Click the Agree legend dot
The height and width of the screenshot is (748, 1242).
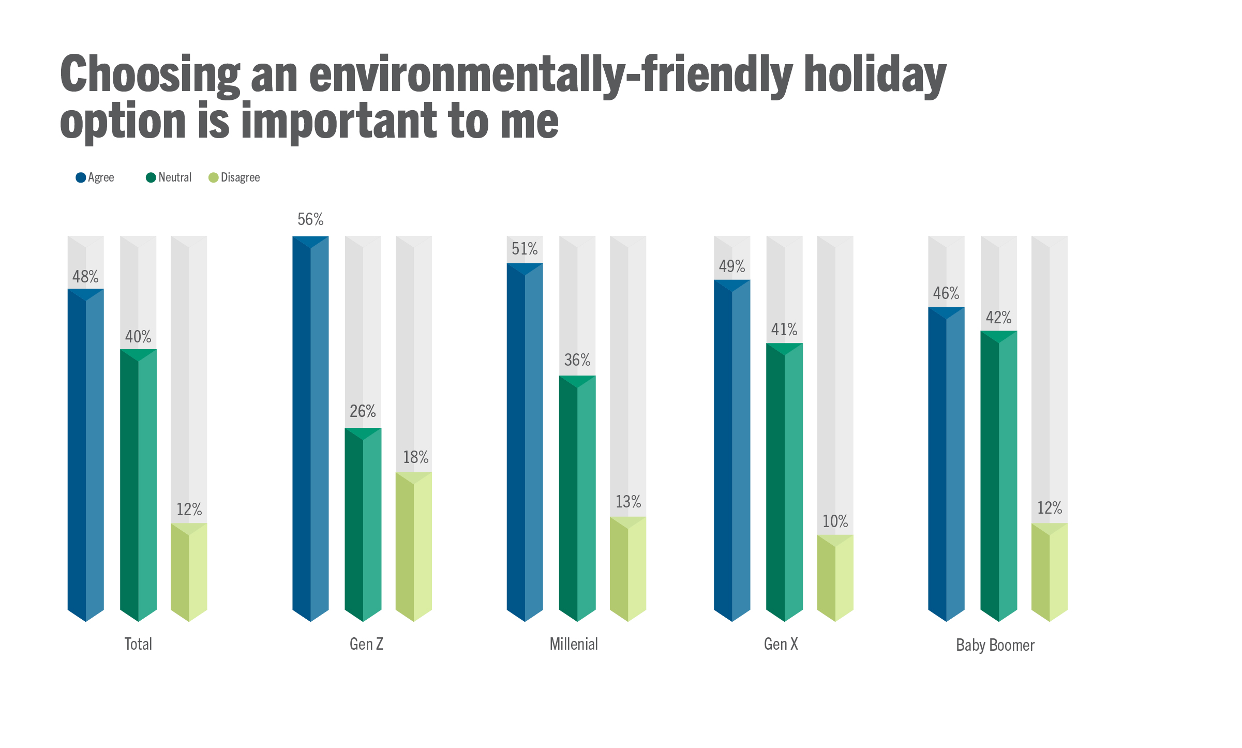tap(81, 177)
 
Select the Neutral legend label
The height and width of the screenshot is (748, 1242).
tap(175, 177)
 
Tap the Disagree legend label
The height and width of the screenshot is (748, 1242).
tap(240, 177)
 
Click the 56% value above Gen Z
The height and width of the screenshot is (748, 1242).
tap(310, 220)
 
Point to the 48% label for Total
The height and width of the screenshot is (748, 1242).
tap(85, 277)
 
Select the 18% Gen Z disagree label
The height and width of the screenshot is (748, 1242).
tap(415, 457)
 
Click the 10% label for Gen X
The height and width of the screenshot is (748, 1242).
tap(835, 521)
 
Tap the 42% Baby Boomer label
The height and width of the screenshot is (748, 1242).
tap(998, 318)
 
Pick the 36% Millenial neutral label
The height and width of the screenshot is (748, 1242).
tap(577, 360)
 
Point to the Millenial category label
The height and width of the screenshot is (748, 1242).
tap(574, 644)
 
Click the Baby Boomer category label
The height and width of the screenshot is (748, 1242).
tap(995, 645)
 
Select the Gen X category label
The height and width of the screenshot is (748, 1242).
tap(781, 644)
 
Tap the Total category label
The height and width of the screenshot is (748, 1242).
tap(138, 644)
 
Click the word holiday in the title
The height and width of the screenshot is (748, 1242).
tap(875, 75)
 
